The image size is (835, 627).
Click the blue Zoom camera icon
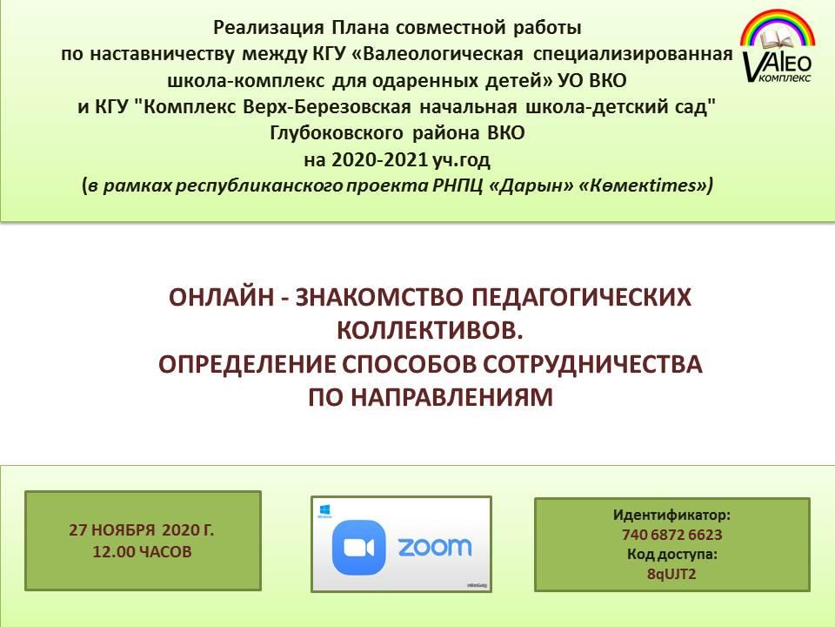tap(358, 548)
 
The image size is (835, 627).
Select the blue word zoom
tap(435, 547)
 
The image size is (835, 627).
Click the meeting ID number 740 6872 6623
tap(671, 535)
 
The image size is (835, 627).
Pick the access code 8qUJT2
tap(671, 574)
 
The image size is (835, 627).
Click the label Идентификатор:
tap(671, 515)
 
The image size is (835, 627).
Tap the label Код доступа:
tap(671, 555)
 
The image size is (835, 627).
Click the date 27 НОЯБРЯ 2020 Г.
tap(141, 530)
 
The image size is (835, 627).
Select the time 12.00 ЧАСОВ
tap(142, 551)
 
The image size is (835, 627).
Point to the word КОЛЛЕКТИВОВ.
tap(431, 331)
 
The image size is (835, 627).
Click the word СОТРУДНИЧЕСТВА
tap(592, 364)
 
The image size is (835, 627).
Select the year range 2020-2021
tap(380, 159)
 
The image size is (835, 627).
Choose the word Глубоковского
tap(336, 133)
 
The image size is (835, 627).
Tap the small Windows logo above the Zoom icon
tap(324, 509)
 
